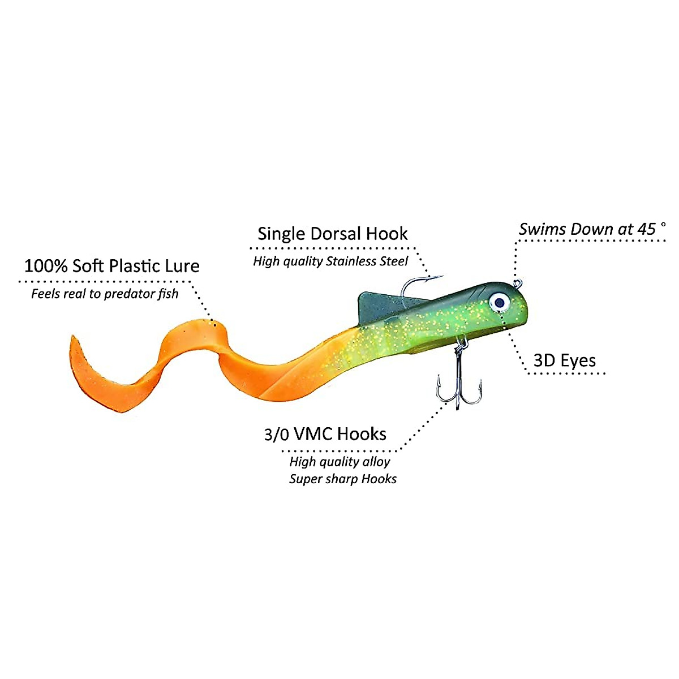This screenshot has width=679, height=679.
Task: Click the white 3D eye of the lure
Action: click(498, 302)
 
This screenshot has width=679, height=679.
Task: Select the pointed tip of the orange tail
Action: click(72, 339)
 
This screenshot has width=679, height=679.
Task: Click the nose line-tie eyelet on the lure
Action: click(516, 282)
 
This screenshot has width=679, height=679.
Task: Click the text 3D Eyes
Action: click(565, 360)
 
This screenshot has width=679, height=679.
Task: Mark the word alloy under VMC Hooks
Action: click(376, 462)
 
